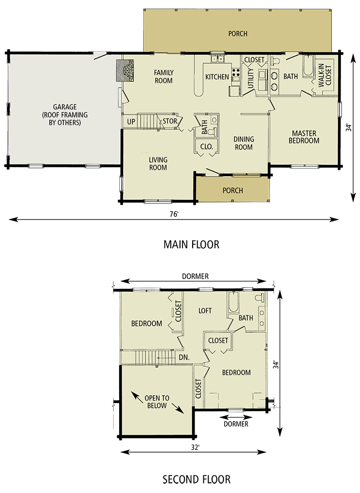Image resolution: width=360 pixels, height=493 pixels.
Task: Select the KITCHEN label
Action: coord(217,77)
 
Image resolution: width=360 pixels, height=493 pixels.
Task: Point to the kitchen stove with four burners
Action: coord(236,74)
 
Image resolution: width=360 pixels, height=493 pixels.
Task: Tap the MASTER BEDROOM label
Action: coord(304,137)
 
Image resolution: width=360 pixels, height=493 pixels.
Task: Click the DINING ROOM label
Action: coord(244,143)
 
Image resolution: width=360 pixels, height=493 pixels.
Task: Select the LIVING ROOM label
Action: coord(158,164)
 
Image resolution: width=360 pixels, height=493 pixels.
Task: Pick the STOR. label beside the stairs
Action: coord(170,121)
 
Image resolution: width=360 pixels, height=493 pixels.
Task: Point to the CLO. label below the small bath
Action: coord(203,146)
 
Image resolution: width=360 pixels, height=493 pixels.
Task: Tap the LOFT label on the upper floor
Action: coord(205,310)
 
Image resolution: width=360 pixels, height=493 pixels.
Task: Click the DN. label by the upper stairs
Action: coord(184,358)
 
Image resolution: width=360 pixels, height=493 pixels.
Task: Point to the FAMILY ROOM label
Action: coord(164,76)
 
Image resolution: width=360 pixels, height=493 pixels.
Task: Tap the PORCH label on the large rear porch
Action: coord(238,34)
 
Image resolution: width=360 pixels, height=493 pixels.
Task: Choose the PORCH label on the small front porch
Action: coord(233,190)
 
